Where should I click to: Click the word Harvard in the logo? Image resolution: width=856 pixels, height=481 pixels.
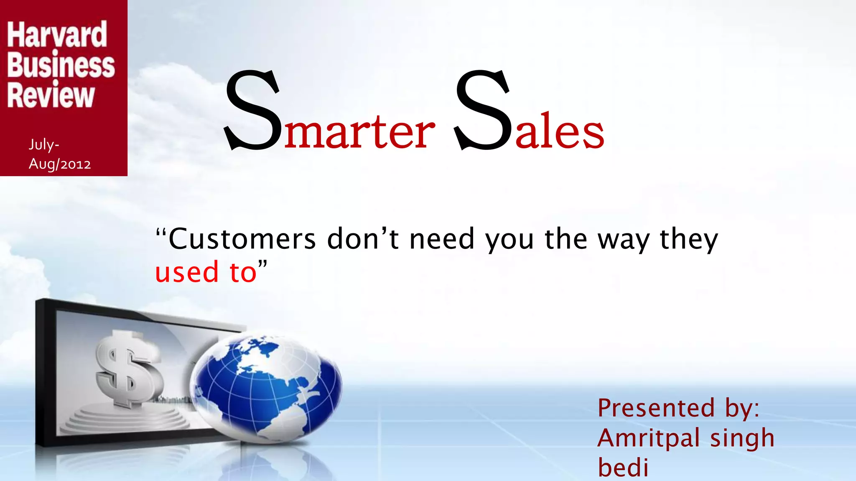[x=57, y=35]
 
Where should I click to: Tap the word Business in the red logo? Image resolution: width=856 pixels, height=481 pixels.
[x=61, y=66]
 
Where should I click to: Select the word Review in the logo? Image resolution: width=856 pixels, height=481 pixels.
[x=51, y=96]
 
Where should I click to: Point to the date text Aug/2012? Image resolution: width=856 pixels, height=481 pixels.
[x=60, y=164]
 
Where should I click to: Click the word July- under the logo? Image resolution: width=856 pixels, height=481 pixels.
[x=44, y=144]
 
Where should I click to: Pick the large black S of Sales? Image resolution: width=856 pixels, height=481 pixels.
[x=483, y=111]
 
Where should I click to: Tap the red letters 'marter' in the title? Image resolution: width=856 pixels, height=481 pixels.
[x=359, y=132]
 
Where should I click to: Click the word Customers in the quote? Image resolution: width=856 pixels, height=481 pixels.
[x=242, y=239]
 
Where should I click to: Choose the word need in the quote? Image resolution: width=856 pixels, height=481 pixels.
[x=442, y=239]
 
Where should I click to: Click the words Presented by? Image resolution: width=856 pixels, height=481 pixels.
[x=678, y=408]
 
